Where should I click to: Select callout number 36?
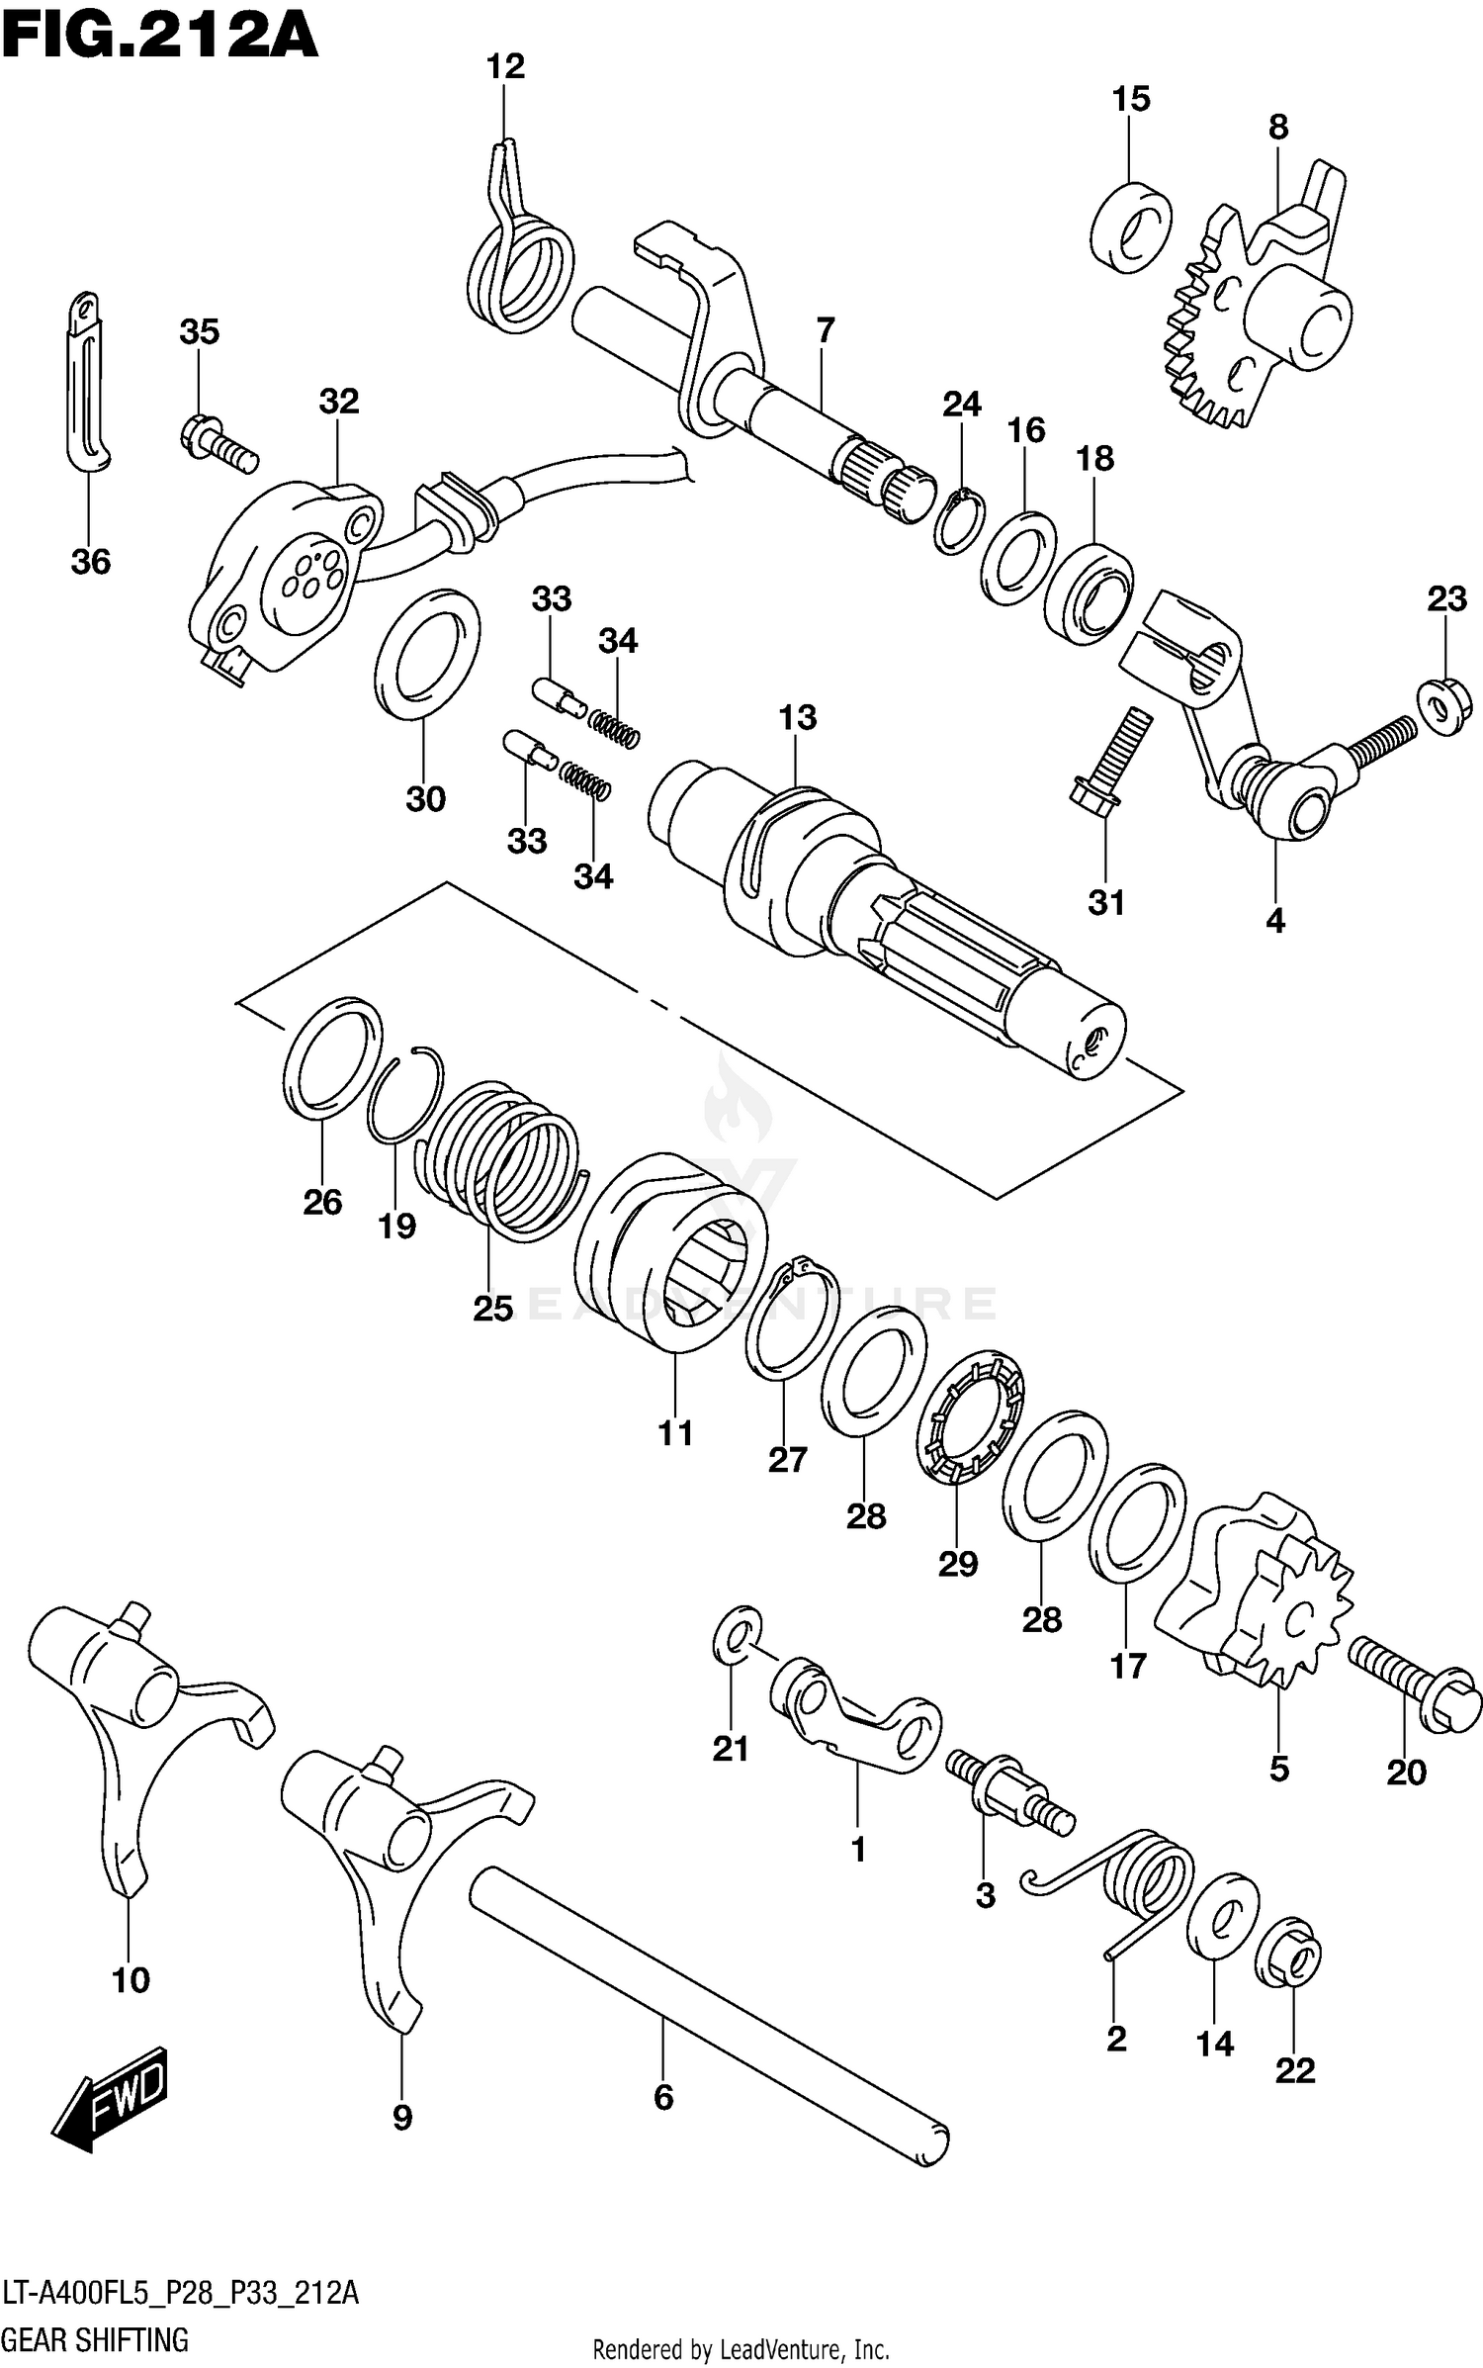coord(90,562)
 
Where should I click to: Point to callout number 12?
coord(505,67)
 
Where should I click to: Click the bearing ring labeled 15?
coord(1132,226)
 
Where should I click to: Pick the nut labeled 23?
coord(1443,705)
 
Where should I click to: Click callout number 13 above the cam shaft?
coord(797,717)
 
